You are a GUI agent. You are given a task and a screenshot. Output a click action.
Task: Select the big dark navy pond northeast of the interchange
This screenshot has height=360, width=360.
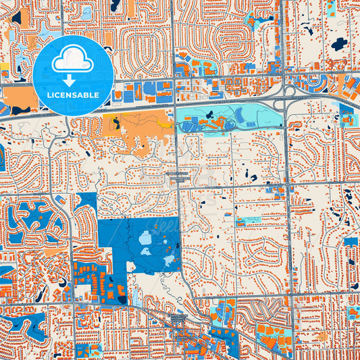(x=338, y=44)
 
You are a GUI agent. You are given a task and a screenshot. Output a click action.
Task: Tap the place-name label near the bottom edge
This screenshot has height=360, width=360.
(x=180, y=317)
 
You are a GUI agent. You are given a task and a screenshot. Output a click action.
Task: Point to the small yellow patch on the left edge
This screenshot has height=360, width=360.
(x=4, y=70)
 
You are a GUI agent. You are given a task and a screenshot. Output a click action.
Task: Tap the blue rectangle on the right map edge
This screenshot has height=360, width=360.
(x=351, y=241)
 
